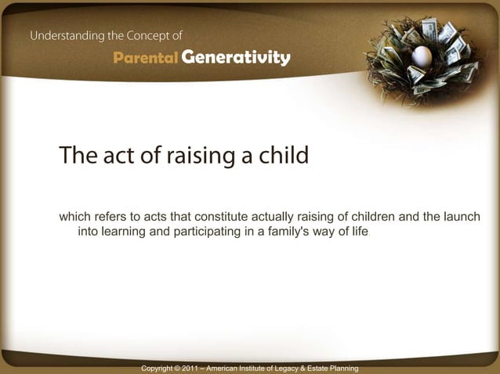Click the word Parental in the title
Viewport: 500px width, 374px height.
145,58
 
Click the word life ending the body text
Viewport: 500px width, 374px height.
357,233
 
